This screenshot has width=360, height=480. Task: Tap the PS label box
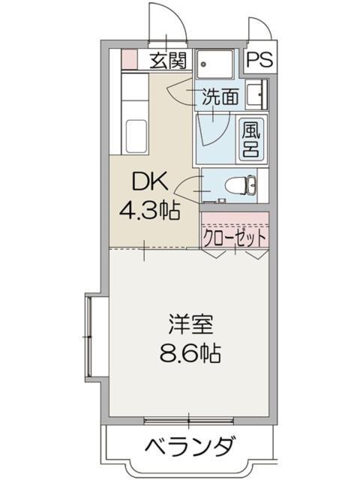259,60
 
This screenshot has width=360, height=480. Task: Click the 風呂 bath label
250,139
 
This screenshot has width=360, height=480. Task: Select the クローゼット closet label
235,238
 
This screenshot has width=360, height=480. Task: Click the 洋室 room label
190,325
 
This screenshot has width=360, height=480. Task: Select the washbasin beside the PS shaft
257,94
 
